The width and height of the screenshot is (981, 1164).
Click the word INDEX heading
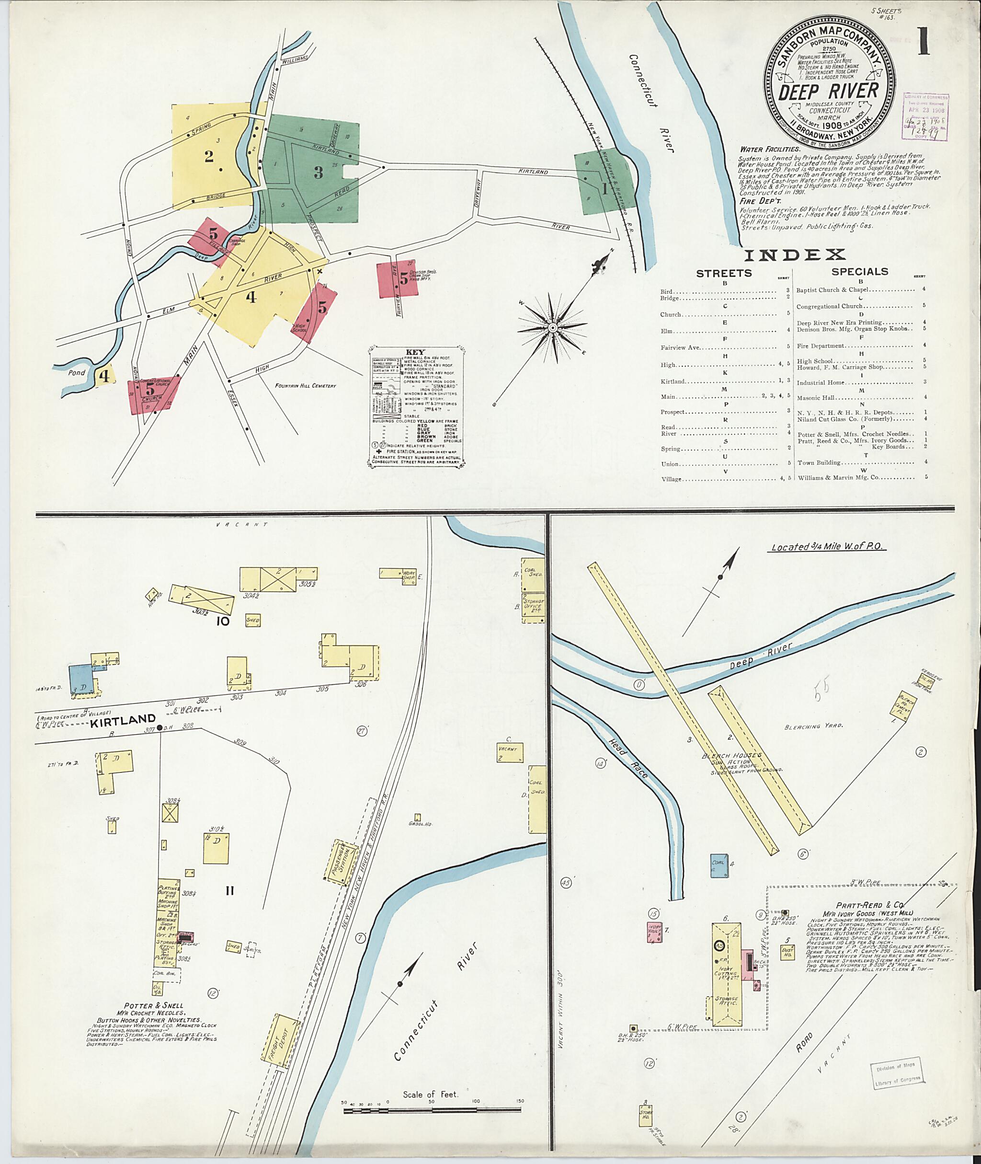click(795, 255)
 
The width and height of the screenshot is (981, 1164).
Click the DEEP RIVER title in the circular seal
click(828, 91)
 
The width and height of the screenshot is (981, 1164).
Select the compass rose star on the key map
click(552, 328)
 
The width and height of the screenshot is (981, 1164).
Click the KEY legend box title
click(415, 352)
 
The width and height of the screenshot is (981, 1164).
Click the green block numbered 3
click(318, 172)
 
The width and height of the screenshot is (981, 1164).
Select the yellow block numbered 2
click(209, 156)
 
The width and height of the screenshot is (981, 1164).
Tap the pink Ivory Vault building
click(654, 932)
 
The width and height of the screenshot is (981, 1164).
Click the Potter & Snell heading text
click(153, 1005)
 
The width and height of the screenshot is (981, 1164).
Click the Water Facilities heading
click(770, 149)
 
